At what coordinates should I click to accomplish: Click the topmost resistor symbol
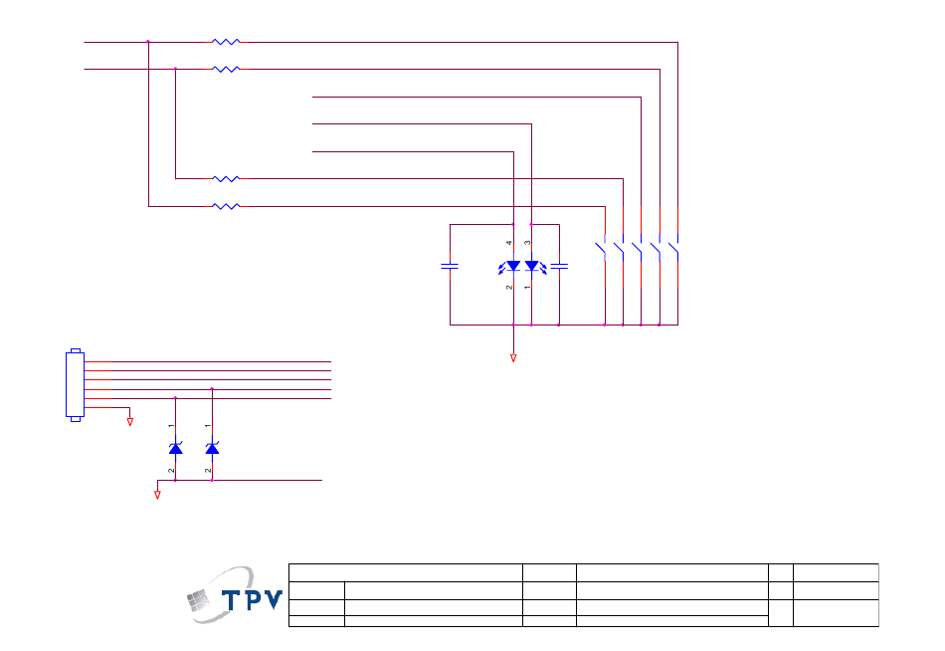[226, 42]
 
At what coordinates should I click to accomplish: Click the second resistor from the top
[226, 70]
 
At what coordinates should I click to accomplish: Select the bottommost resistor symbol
[226, 206]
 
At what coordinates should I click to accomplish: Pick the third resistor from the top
[226, 179]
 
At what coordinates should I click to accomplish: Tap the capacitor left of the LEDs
[450, 266]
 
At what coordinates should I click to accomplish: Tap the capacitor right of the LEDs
[559, 266]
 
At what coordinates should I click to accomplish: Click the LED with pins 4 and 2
[513, 266]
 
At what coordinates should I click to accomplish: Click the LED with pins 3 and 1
[531, 266]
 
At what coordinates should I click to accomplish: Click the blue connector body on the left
[75, 384]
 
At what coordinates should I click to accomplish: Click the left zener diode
[175, 449]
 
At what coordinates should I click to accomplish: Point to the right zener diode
[212, 449]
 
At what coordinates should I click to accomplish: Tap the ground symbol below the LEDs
[513, 357]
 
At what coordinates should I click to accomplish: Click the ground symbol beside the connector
[130, 421]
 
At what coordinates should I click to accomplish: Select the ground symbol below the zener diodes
[157, 493]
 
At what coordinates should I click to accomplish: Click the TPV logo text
[251, 600]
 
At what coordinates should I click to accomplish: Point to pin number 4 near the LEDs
[508, 243]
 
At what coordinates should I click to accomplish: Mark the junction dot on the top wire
[148, 42]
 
